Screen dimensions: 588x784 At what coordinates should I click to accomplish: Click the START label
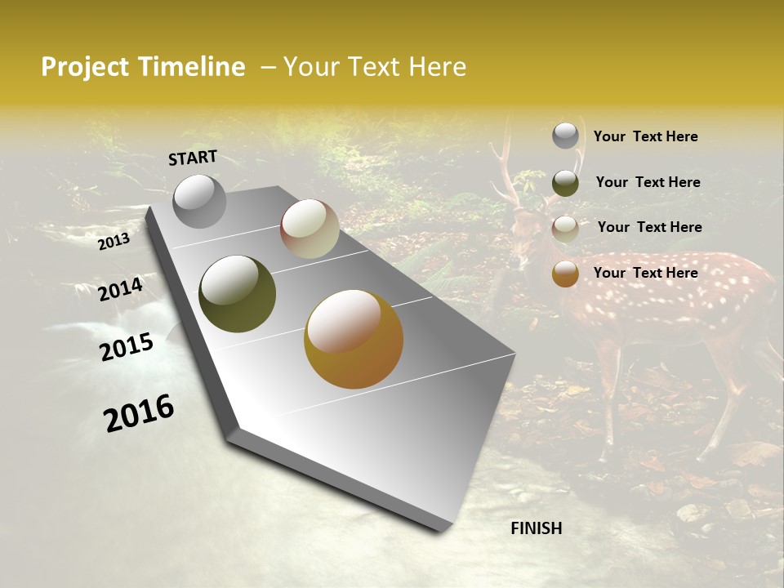coord(193,157)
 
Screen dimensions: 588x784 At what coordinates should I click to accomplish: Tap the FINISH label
coord(536,528)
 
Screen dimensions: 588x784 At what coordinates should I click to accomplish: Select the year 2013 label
coord(114,241)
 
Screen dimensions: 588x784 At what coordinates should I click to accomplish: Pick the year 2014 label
coord(120,289)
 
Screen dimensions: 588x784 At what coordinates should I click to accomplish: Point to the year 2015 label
coord(127,347)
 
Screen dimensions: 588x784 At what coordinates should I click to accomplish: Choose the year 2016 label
coord(139,412)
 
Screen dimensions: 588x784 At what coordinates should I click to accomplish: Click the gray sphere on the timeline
coord(199,201)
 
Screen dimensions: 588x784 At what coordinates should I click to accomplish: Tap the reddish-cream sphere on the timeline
coord(310,229)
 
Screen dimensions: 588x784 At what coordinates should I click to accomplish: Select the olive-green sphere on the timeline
coord(237,294)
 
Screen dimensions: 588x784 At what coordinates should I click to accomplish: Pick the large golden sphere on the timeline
coord(354,339)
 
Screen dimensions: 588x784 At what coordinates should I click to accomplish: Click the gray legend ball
coord(565,136)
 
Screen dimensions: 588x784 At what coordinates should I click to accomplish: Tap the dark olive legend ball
coord(565,183)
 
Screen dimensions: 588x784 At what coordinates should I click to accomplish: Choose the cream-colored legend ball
coord(565,229)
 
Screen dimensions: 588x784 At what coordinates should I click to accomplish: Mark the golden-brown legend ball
coord(565,274)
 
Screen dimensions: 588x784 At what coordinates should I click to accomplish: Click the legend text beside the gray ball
coord(645,136)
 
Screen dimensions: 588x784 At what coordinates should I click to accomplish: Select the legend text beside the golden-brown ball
coord(645,273)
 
